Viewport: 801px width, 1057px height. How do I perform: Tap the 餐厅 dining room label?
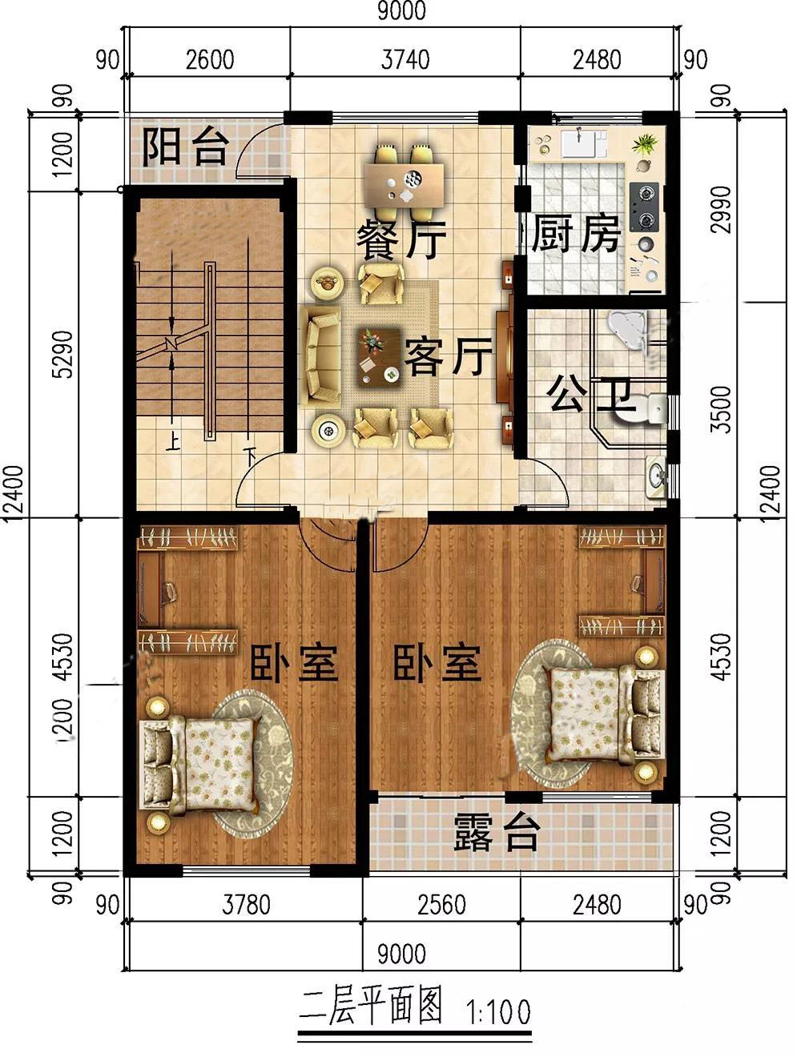pyautogui.click(x=401, y=239)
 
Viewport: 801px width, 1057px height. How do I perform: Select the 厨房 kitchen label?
pyautogui.click(x=576, y=234)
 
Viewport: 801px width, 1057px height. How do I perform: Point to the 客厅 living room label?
pyautogui.click(x=448, y=357)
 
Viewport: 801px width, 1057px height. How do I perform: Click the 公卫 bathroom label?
pyautogui.click(x=589, y=395)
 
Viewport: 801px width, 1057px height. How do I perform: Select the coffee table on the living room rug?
pyautogui.click(x=380, y=357)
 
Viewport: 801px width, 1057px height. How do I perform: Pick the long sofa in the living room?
pyautogui.click(x=321, y=357)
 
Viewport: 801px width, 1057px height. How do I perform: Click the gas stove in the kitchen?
pyautogui.click(x=645, y=207)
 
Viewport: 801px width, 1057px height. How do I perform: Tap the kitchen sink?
pyautogui.click(x=579, y=143)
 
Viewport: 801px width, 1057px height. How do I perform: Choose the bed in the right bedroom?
pyautogui.click(x=606, y=714)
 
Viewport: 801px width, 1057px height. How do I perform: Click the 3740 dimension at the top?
pyautogui.click(x=405, y=60)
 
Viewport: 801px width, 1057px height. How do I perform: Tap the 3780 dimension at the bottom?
pyautogui.click(x=246, y=905)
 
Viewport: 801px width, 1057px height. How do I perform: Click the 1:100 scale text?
pyautogui.click(x=498, y=1011)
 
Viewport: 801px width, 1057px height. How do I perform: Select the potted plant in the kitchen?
pyautogui.click(x=645, y=144)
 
